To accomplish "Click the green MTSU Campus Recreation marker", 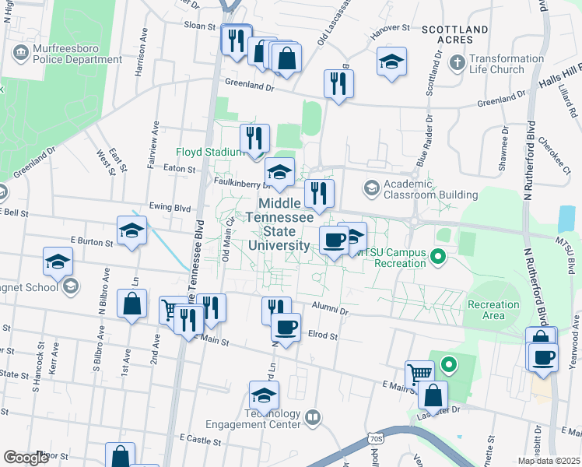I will pos(438,255).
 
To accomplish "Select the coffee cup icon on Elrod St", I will pos(286,327).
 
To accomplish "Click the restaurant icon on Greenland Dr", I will pos(338,83).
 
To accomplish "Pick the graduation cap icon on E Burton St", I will pos(131,230).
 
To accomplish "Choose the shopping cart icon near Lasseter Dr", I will pos(419,372).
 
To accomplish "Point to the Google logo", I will pos(26,458).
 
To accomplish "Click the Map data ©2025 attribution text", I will pos(549,461).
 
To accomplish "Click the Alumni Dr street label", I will pos(330,309).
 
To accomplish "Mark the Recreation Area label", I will pos(493,310).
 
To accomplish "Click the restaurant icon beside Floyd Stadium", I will pos(254,139).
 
